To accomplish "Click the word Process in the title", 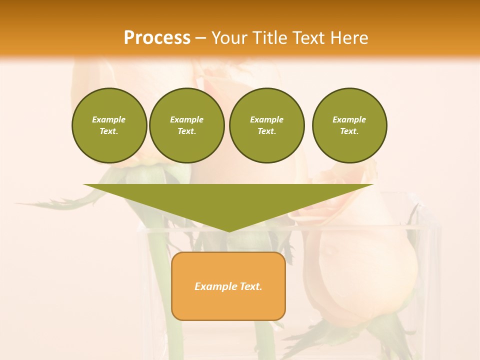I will click(x=157, y=38).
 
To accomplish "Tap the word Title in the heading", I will click(x=271, y=38).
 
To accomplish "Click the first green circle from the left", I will click(x=109, y=125).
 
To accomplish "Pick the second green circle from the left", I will click(x=187, y=125).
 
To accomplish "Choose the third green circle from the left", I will click(x=266, y=125).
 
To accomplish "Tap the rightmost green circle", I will click(x=349, y=125).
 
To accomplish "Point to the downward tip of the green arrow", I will click(x=228, y=230).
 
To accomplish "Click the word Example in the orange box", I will click(x=216, y=286).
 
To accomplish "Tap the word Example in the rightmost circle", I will click(x=349, y=119).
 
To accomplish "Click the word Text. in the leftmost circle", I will click(x=109, y=131).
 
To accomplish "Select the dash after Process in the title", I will click(x=200, y=38).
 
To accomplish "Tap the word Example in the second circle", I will click(x=187, y=119).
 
